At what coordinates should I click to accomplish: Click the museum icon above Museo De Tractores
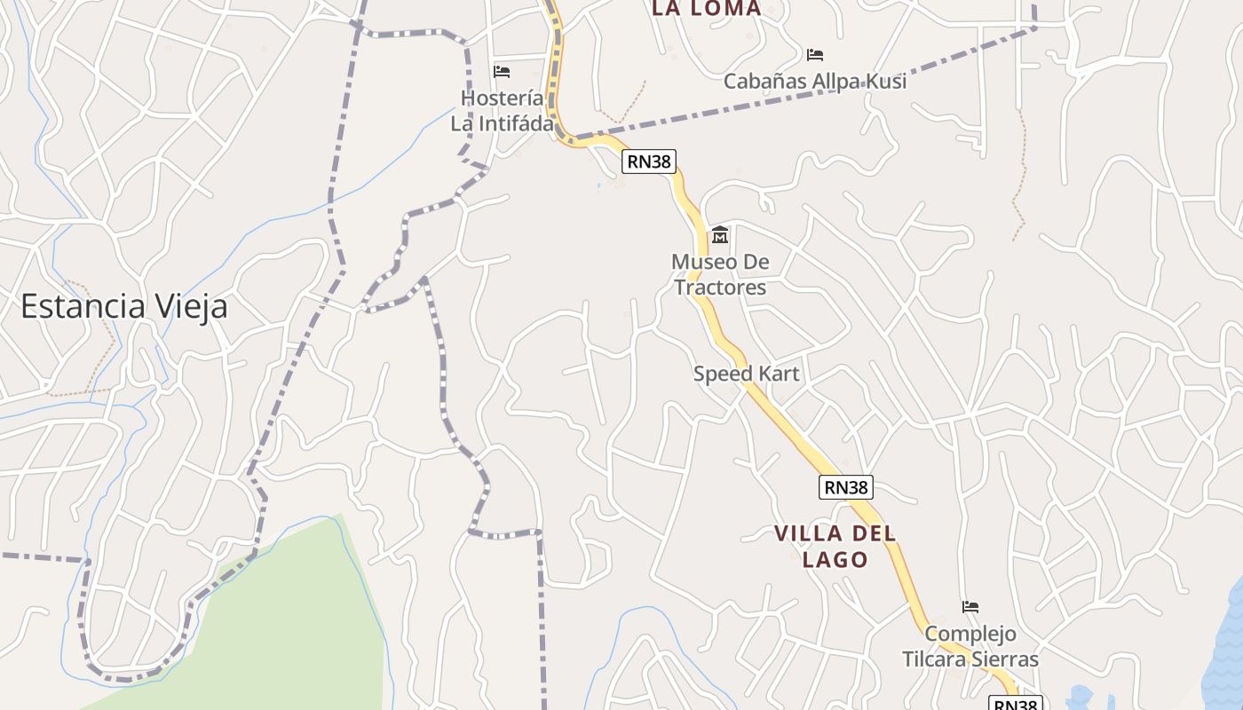[720, 235]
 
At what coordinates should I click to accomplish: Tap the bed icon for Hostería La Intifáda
[502, 71]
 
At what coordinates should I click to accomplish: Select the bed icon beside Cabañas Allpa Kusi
[815, 55]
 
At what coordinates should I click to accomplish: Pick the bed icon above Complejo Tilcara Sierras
[970, 607]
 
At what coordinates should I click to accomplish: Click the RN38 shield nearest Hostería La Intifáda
[649, 162]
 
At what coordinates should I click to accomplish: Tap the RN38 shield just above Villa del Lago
[846, 486]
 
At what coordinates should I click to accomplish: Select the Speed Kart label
[746, 374]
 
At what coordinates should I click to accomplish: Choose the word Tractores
[720, 288]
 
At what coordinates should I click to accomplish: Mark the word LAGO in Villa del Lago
[835, 559]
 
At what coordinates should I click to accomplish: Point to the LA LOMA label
[706, 9]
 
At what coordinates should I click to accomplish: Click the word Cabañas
[763, 82]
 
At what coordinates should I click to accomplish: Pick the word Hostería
[503, 98]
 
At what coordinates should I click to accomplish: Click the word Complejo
[970, 635]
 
